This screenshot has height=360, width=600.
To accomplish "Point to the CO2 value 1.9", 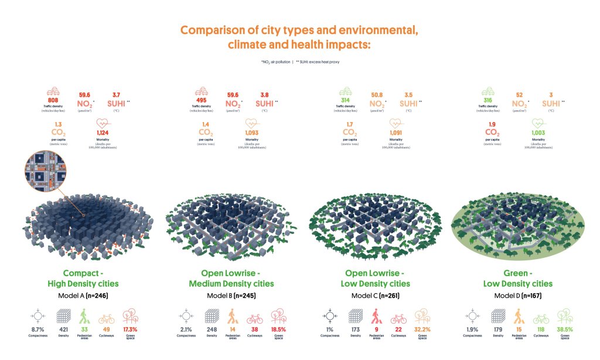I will [492, 124].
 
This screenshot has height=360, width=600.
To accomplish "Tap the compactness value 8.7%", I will [38, 330].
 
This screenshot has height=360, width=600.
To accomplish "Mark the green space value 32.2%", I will [422, 330].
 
